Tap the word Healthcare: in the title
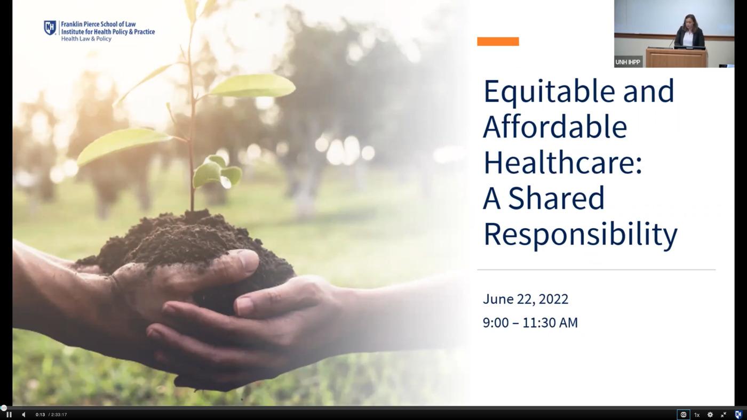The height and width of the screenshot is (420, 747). (562, 162)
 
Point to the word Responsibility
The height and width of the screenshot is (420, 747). (581, 235)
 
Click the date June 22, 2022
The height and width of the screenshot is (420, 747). (526, 299)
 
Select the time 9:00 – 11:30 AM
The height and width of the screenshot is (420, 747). (530, 323)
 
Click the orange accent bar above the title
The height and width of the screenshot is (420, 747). (498, 41)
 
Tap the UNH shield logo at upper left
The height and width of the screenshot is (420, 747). (50, 28)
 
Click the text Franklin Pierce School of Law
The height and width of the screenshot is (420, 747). (98, 25)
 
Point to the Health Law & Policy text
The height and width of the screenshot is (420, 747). (86, 38)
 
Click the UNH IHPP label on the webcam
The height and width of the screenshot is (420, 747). (627, 62)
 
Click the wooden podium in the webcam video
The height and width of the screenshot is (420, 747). (676, 58)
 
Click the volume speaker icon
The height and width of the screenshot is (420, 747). (23, 415)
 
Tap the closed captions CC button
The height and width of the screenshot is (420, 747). (684, 415)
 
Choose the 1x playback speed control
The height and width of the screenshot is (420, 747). (697, 415)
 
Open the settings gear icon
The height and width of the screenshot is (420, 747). (710, 415)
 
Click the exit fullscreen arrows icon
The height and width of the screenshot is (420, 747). (724, 415)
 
